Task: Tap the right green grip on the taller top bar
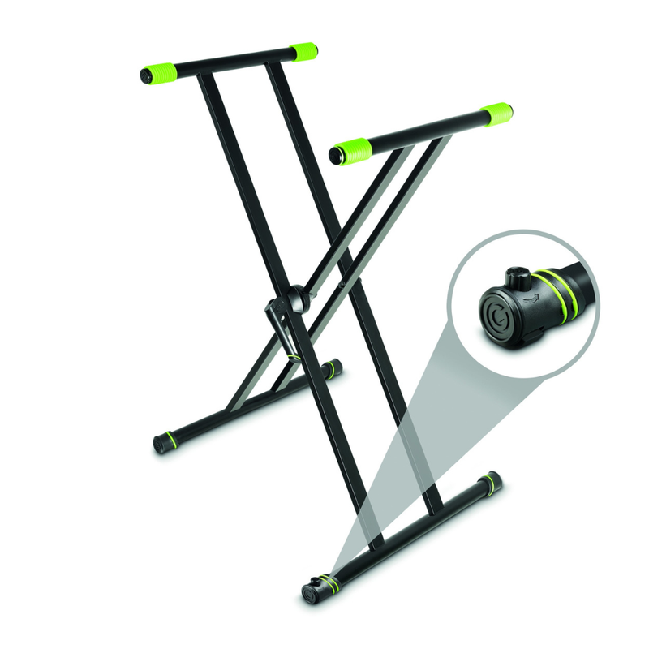[304, 52]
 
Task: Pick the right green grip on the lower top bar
[496, 114]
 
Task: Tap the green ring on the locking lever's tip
[293, 354]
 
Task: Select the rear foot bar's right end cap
[333, 368]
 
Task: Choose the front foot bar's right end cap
[492, 482]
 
